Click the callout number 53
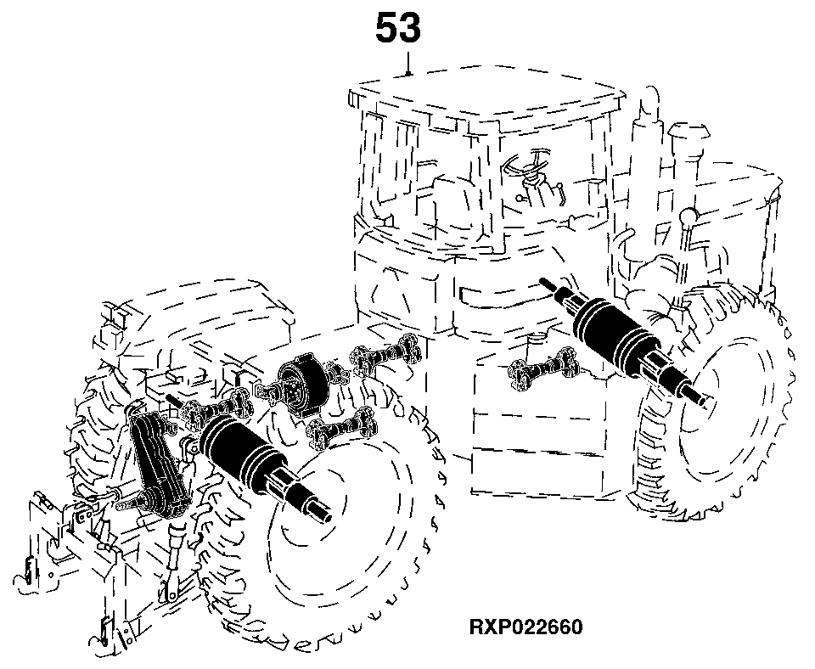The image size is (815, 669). (397, 28)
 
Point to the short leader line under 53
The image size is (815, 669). (409, 64)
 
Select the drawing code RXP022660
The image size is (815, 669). (526, 627)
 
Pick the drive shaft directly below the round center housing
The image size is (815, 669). (341, 427)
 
